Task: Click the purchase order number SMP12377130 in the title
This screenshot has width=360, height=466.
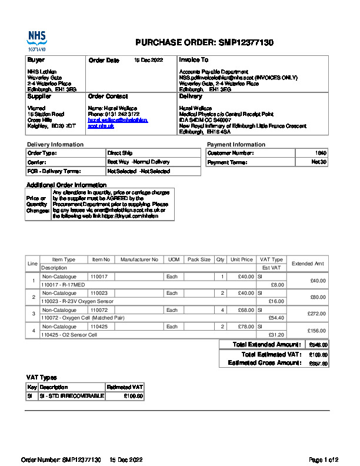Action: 246,42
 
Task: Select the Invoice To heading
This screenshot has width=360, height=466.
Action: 194,60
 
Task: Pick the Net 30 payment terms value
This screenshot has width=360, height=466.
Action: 319,162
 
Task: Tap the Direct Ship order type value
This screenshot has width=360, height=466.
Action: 119,153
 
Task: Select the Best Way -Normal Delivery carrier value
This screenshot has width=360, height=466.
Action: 138,162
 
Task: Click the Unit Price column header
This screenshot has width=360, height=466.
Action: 242,259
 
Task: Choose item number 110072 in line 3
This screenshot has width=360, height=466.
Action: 99,310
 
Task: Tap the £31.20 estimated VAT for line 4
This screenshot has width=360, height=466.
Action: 276,335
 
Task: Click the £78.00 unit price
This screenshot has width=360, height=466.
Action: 242,327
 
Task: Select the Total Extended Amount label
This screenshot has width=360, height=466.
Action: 268,344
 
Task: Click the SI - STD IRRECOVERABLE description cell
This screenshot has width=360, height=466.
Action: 71,396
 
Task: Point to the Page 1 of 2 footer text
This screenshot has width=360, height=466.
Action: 324,460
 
